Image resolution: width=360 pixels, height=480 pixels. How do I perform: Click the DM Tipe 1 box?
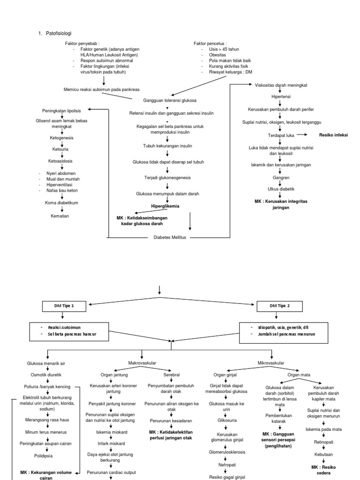tap(65, 306)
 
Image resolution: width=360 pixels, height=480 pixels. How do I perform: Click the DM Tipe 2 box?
tap(280, 306)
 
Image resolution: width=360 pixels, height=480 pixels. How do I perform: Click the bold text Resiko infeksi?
tap(334, 135)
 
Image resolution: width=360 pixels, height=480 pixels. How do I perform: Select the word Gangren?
tap(280, 178)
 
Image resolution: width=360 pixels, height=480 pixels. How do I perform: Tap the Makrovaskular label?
tap(142, 362)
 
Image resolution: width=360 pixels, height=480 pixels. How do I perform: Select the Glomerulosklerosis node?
tap(225, 452)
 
